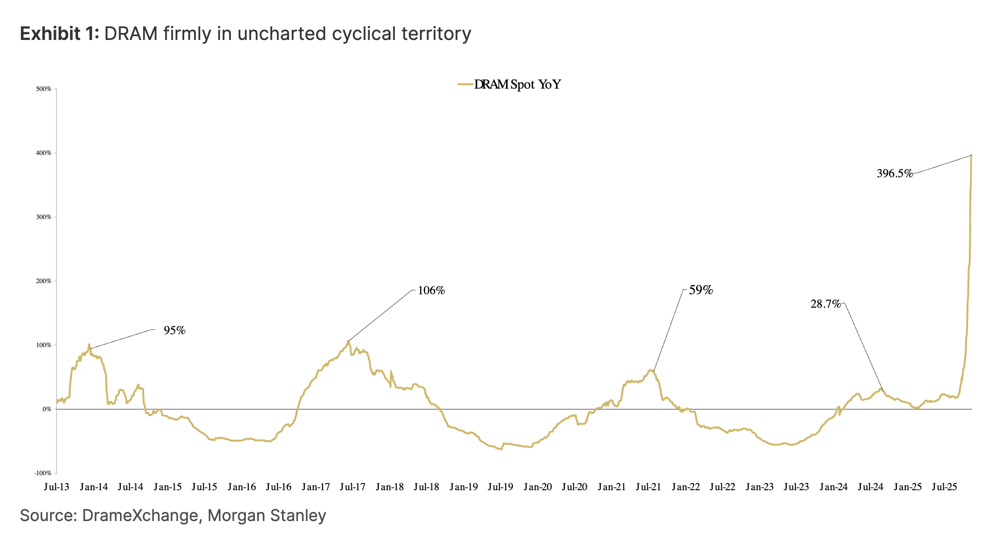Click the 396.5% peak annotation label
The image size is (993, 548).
(x=895, y=174)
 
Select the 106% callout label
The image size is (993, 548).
(x=431, y=291)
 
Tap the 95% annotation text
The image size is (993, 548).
(x=174, y=330)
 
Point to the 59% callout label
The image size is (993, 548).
(x=701, y=290)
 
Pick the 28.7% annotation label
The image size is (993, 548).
(x=826, y=304)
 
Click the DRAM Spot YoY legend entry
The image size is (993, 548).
(x=510, y=85)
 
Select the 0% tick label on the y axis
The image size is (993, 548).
(x=47, y=409)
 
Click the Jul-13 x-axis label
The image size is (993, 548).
(x=56, y=487)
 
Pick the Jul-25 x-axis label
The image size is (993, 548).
(x=944, y=487)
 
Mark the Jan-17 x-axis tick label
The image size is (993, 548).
(x=316, y=487)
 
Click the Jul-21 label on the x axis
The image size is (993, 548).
(x=648, y=487)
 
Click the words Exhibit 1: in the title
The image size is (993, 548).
(x=59, y=34)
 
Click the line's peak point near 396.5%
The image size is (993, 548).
(x=971, y=156)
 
